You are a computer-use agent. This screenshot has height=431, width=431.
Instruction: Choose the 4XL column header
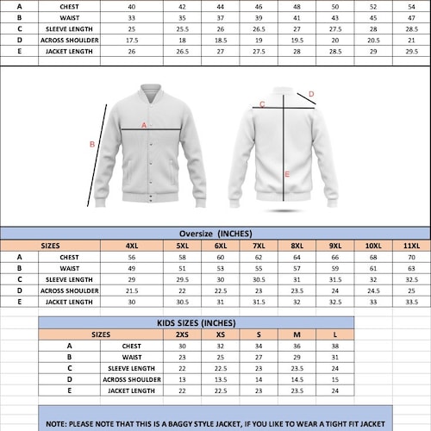click(x=132, y=246)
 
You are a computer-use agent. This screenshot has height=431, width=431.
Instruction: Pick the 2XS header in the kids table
click(x=182, y=334)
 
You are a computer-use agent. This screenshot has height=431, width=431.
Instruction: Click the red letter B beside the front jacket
click(x=92, y=145)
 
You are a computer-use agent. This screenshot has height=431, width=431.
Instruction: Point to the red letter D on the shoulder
click(x=311, y=94)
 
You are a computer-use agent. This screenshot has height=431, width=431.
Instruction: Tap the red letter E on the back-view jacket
click(x=287, y=174)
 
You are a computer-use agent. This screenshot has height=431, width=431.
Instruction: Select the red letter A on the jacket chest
click(x=143, y=126)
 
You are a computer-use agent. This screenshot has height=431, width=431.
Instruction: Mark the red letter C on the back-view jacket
click(x=262, y=104)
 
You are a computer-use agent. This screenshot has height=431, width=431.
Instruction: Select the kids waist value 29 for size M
click(x=297, y=357)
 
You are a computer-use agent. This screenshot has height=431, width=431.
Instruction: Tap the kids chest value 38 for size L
click(x=334, y=346)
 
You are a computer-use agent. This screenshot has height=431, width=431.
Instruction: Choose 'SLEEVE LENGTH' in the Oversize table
click(x=69, y=279)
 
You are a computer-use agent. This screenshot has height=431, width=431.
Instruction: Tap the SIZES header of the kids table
click(x=101, y=334)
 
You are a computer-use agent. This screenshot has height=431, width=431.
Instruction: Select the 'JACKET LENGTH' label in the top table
click(x=69, y=51)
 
